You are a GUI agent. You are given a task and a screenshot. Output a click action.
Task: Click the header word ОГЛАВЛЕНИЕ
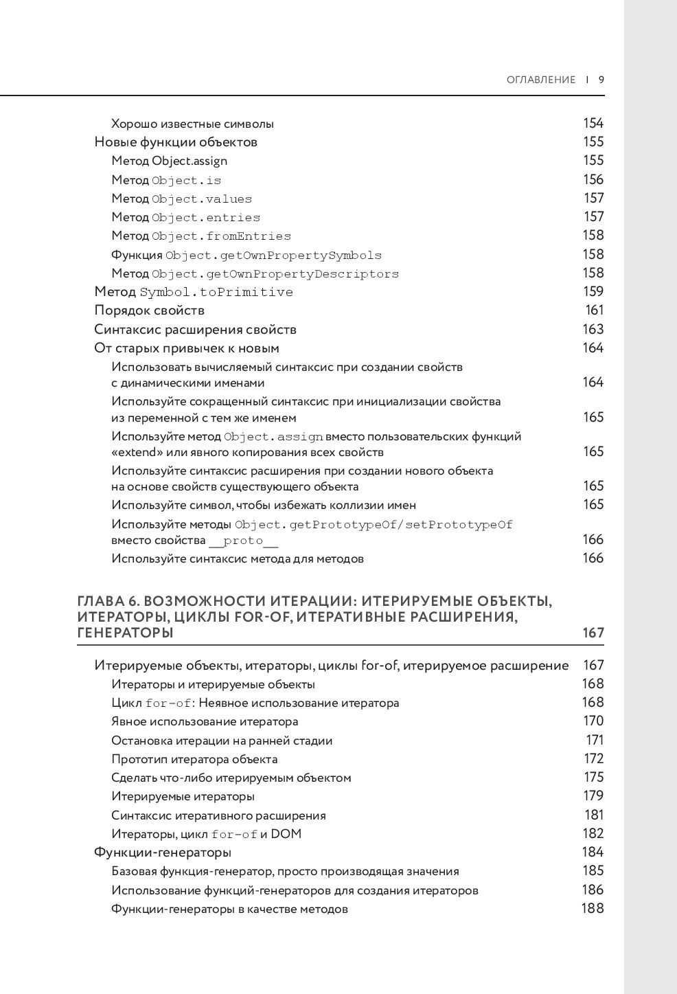click(x=541, y=80)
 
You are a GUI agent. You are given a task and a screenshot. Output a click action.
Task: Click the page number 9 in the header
click(x=601, y=80)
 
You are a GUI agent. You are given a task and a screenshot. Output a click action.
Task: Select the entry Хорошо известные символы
click(x=192, y=124)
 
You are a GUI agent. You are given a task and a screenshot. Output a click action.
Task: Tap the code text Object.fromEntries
click(x=221, y=236)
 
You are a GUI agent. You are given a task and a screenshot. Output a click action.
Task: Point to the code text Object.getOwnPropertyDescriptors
click(x=275, y=274)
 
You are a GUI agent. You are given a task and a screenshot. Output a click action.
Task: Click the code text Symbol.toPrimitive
click(x=216, y=293)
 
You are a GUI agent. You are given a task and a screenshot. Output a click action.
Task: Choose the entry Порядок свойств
click(x=149, y=310)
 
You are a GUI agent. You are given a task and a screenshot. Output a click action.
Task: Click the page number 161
click(x=594, y=310)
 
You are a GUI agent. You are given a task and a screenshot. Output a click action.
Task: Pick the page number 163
click(x=593, y=330)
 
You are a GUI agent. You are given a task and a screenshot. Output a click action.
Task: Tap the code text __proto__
click(x=243, y=541)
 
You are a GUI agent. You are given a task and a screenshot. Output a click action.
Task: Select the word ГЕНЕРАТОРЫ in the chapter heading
click(x=125, y=633)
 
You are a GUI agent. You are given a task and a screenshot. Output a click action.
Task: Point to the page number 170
click(x=593, y=721)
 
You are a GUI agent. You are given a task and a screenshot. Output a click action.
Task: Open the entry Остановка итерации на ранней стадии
click(x=222, y=741)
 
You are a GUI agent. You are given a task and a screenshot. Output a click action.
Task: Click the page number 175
click(x=593, y=778)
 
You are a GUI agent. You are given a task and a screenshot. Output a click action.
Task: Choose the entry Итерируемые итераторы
click(x=183, y=796)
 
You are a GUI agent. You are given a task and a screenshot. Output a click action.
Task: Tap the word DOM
click(x=286, y=834)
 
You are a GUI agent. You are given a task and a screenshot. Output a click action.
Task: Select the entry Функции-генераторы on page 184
click(x=162, y=852)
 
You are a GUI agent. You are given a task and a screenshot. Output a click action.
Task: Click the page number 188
click(x=593, y=909)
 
